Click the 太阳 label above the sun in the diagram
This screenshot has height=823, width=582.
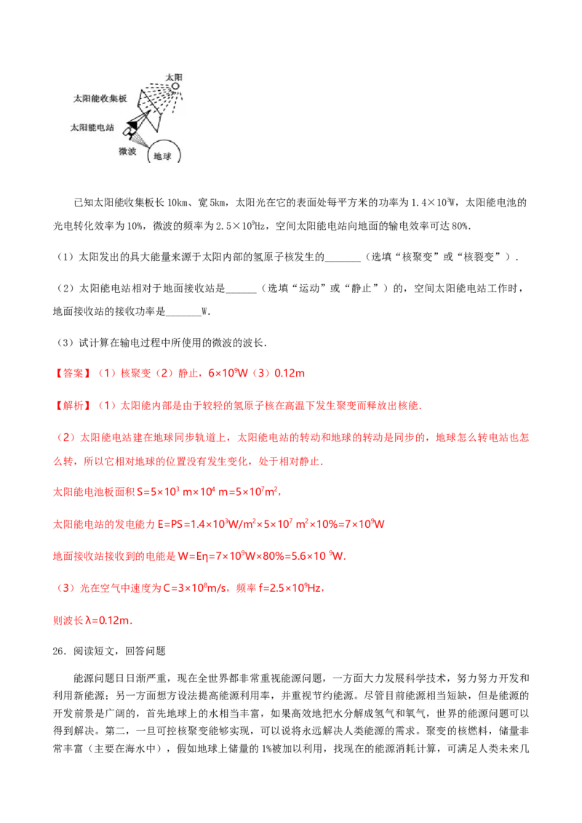[174, 77]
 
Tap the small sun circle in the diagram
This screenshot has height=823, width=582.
[175, 86]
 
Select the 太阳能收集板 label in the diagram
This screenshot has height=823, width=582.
[100, 98]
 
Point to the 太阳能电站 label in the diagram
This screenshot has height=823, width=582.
[92, 127]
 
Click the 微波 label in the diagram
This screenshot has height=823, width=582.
[127, 151]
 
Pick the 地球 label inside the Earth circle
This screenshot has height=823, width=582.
[162, 156]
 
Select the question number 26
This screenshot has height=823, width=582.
[58, 651]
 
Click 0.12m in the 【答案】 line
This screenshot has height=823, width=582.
[290, 373]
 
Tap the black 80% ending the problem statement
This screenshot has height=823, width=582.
[459, 226]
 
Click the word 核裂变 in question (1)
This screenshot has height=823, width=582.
[479, 257]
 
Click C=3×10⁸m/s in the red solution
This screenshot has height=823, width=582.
[196, 588]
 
